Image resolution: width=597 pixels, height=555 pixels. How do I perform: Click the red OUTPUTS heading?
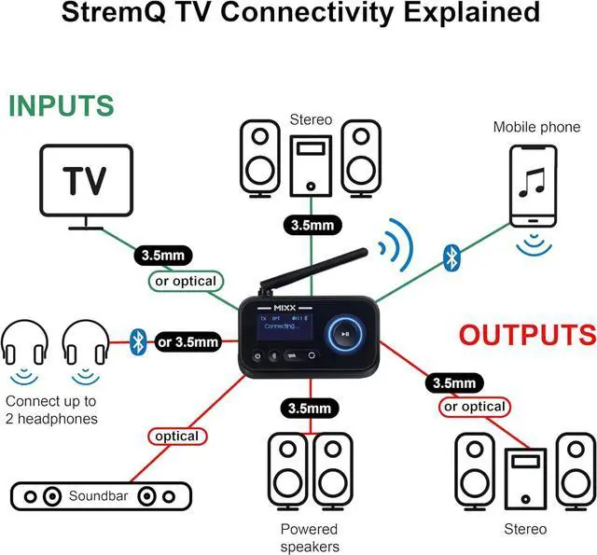coord(527,334)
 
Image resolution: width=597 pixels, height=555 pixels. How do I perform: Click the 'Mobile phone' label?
coord(536,126)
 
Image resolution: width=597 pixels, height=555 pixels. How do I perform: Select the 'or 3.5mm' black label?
coord(188,340)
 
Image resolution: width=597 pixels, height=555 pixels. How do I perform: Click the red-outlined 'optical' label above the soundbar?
coord(176,436)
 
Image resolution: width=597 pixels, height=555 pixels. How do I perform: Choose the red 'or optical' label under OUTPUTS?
coord(474,407)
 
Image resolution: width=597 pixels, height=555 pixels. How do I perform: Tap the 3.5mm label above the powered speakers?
coord(309,408)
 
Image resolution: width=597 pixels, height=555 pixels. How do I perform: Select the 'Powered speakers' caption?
coord(309,537)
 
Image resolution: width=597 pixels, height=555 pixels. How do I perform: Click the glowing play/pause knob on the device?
coord(345,334)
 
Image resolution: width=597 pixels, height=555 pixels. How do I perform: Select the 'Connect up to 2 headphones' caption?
coord(51,409)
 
